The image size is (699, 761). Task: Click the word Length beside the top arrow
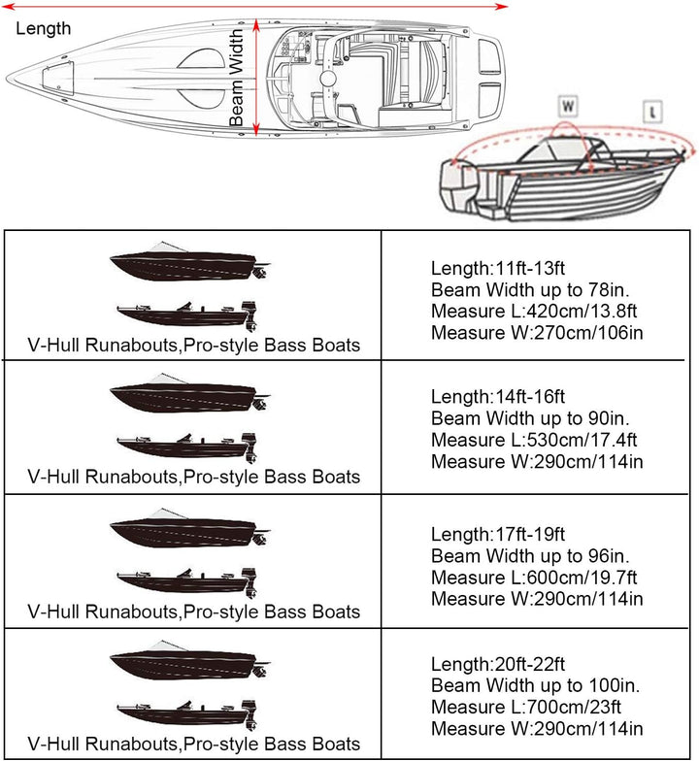(43, 28)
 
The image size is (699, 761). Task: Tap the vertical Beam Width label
(236, 78)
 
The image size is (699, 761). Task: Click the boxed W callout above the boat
(568, 106)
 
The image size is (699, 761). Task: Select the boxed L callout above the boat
(652, 112)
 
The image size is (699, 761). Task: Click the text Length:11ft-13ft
(497, 268)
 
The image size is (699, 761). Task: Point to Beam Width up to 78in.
(530, 289)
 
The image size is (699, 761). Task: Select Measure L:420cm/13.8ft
(534, 311)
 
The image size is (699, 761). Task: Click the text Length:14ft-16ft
(497, 396)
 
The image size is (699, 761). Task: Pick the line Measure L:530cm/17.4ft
(534, 440)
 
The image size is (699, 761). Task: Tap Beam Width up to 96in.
(530, 555)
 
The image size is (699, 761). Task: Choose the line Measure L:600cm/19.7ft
(534, 578)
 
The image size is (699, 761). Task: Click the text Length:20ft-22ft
(497, 664)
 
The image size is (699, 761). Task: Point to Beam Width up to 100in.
(535, 685)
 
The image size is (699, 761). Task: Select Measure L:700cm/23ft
(526, 707)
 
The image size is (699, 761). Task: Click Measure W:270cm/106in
(537, 333)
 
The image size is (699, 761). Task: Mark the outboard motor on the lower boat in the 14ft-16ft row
(250, 447)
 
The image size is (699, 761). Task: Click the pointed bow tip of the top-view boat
(6, 80)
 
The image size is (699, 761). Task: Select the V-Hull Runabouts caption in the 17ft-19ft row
(194, 612)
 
